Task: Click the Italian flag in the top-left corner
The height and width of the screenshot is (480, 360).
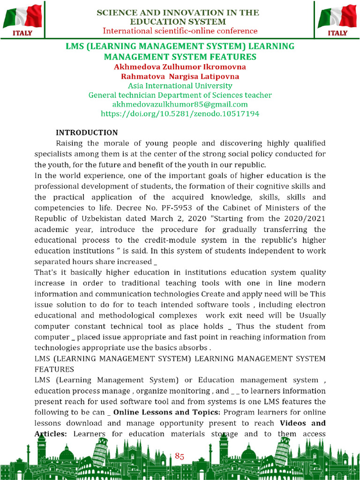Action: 22,16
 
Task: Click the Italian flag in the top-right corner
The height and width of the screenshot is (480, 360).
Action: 337,16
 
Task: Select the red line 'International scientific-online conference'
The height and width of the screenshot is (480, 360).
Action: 180,31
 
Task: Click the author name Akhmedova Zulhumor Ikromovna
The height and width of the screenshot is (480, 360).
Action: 180,67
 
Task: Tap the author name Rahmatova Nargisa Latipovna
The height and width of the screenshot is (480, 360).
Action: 180,76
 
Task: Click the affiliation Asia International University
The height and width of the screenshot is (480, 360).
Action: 180,86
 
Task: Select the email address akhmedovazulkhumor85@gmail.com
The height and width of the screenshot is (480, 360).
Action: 180,104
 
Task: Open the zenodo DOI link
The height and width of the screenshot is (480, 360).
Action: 180,113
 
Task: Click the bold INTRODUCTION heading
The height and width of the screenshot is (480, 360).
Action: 87,133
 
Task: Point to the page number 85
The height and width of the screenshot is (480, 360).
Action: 180,456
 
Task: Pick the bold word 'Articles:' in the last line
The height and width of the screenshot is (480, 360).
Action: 51,434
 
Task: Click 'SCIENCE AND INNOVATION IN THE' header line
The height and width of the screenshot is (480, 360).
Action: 178,13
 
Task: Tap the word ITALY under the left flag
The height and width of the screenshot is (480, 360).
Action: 22,33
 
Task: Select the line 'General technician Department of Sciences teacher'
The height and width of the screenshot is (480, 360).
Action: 180,95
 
